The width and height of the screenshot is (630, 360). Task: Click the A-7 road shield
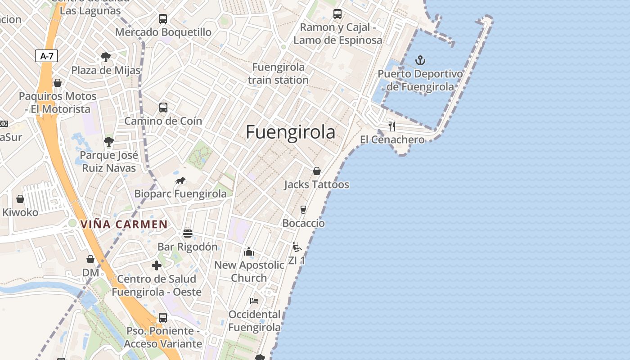tap(46, 56)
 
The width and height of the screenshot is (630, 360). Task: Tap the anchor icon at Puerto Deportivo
tap(420, 60)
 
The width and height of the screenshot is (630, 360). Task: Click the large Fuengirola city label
tap(291, 132)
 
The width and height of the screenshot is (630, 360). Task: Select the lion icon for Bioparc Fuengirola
tap(180, 181)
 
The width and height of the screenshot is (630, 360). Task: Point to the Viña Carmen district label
tap(124, 224)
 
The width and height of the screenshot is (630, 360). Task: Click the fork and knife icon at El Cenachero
tap(392, 126)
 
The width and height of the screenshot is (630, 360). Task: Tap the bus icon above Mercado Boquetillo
tap(163, 19)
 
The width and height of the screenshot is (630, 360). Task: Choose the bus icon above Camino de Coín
tap(163, 108)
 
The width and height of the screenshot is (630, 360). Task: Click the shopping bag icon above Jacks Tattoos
tap(317, 171)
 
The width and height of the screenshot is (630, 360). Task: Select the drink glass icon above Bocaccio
tap(303, 209)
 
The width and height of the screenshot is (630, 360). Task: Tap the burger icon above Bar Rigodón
tap(188, 234)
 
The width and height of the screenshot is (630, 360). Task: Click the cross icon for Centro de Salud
tap(157, 265)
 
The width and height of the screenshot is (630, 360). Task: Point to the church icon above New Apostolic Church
tap(249, 252)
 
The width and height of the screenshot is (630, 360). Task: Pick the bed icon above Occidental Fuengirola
tap(254, 301)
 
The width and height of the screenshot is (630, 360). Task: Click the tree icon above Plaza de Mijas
tap(106, 57)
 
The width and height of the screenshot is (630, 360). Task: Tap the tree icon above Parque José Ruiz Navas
tap(108, 141)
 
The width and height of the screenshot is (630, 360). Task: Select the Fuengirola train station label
tap(278, 73)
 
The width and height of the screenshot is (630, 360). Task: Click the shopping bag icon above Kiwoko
tap(20, 198)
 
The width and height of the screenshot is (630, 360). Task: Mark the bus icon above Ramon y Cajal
tap(337, 14)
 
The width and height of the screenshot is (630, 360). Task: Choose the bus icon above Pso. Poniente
tap(163, 317)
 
